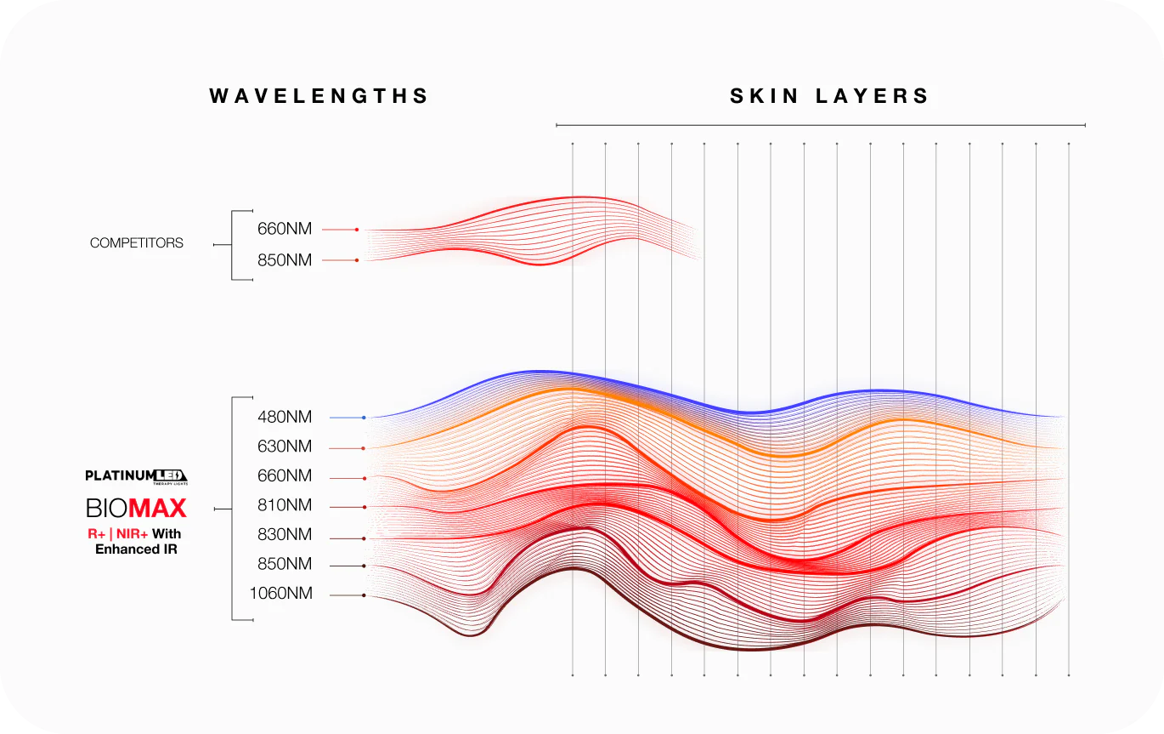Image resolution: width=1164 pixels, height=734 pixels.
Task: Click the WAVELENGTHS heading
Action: pos(319,96)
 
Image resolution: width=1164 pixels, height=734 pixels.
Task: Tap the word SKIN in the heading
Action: pos(765,96)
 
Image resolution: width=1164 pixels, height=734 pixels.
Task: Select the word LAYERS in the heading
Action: pos(873,96)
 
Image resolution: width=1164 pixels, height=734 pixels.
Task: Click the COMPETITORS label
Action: pos(137,243)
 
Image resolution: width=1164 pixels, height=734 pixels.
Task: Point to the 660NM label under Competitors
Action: pos(285,229)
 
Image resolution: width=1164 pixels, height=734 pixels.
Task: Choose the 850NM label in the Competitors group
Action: pos(285,260)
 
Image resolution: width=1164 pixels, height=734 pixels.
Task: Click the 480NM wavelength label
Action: pos(285,418)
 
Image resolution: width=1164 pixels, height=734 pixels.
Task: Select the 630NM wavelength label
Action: pos(285,447)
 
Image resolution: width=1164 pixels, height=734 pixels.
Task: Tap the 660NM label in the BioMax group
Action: pos(285,476)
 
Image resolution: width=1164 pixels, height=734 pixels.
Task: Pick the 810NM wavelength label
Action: pos(285,506)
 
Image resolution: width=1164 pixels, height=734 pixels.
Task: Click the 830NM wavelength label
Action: pos(285,535)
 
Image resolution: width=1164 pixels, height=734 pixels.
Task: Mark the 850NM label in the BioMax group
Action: pos(285,565)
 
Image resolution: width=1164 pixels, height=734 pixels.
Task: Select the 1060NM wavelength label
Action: pos(280,595)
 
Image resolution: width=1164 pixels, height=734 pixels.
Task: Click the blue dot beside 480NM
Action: pos(364,418)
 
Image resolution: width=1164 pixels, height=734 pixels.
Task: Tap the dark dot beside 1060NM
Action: pos(364,595)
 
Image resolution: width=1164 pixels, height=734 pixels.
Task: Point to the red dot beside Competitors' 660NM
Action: pos(357,230)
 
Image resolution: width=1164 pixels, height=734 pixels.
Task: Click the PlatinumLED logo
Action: pos(136,476)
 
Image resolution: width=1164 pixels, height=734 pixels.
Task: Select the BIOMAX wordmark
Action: pos(136,509)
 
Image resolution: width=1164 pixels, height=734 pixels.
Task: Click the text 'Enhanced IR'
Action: pos(136,549)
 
